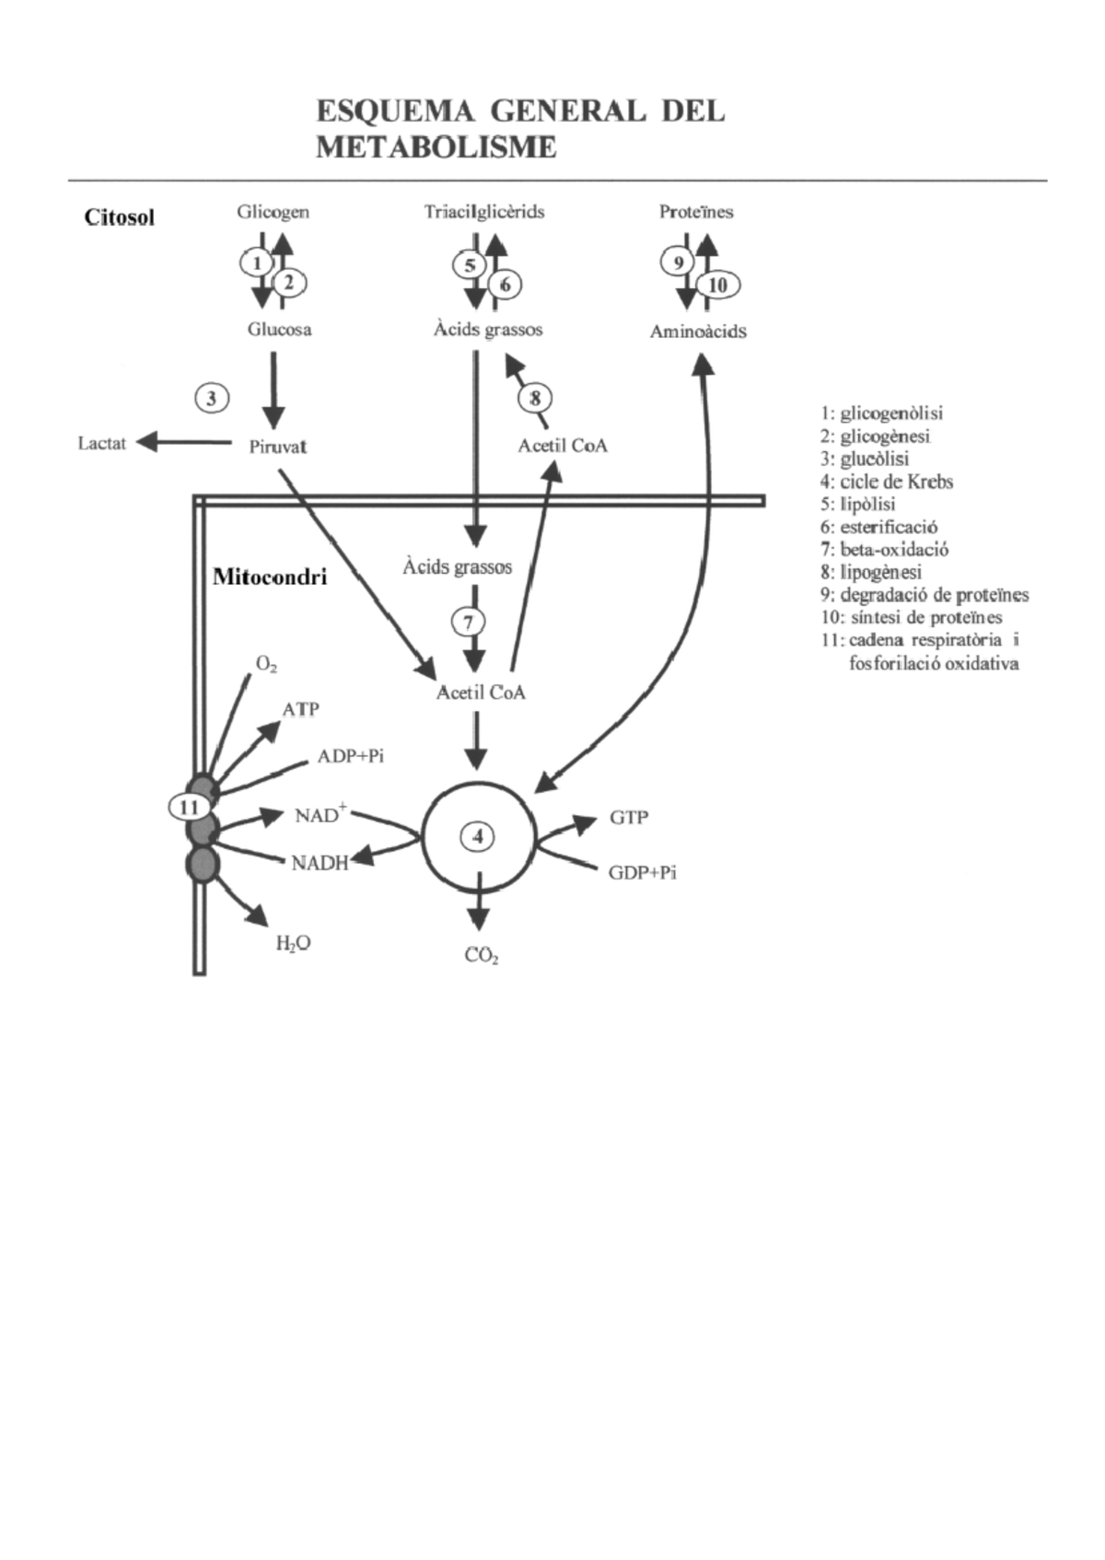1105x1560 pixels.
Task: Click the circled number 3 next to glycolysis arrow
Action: [x=212, y=399]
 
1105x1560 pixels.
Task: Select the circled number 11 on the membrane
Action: [x=190, y=808]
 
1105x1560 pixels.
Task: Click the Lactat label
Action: [x=101, y=444]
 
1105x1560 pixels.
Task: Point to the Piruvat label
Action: [x=277, y=448]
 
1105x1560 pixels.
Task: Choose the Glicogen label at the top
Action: [x=273, y=212]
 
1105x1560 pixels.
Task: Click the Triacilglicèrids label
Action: [x=484, y=212]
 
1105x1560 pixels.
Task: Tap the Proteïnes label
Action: [x=696, y=212]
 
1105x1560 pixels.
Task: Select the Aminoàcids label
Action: [x=698, y=332]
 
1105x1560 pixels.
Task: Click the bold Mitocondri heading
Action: [x=270, y=577]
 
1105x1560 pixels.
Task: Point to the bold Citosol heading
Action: [x=120, y=217]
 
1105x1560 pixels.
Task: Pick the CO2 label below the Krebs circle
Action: [x=482, y=956]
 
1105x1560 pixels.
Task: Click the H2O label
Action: [x=293, y=943]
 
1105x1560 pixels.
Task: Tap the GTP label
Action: [x=629, y=817]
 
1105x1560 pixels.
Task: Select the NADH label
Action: [x=320, y=863]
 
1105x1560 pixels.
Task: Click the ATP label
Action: [x=300, y=709]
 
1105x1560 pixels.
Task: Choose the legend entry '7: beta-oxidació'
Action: [x=884, y=550]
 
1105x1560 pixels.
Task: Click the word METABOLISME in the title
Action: [x=436, y=147]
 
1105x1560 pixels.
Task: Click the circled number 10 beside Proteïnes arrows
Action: [x=717, y=285]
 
